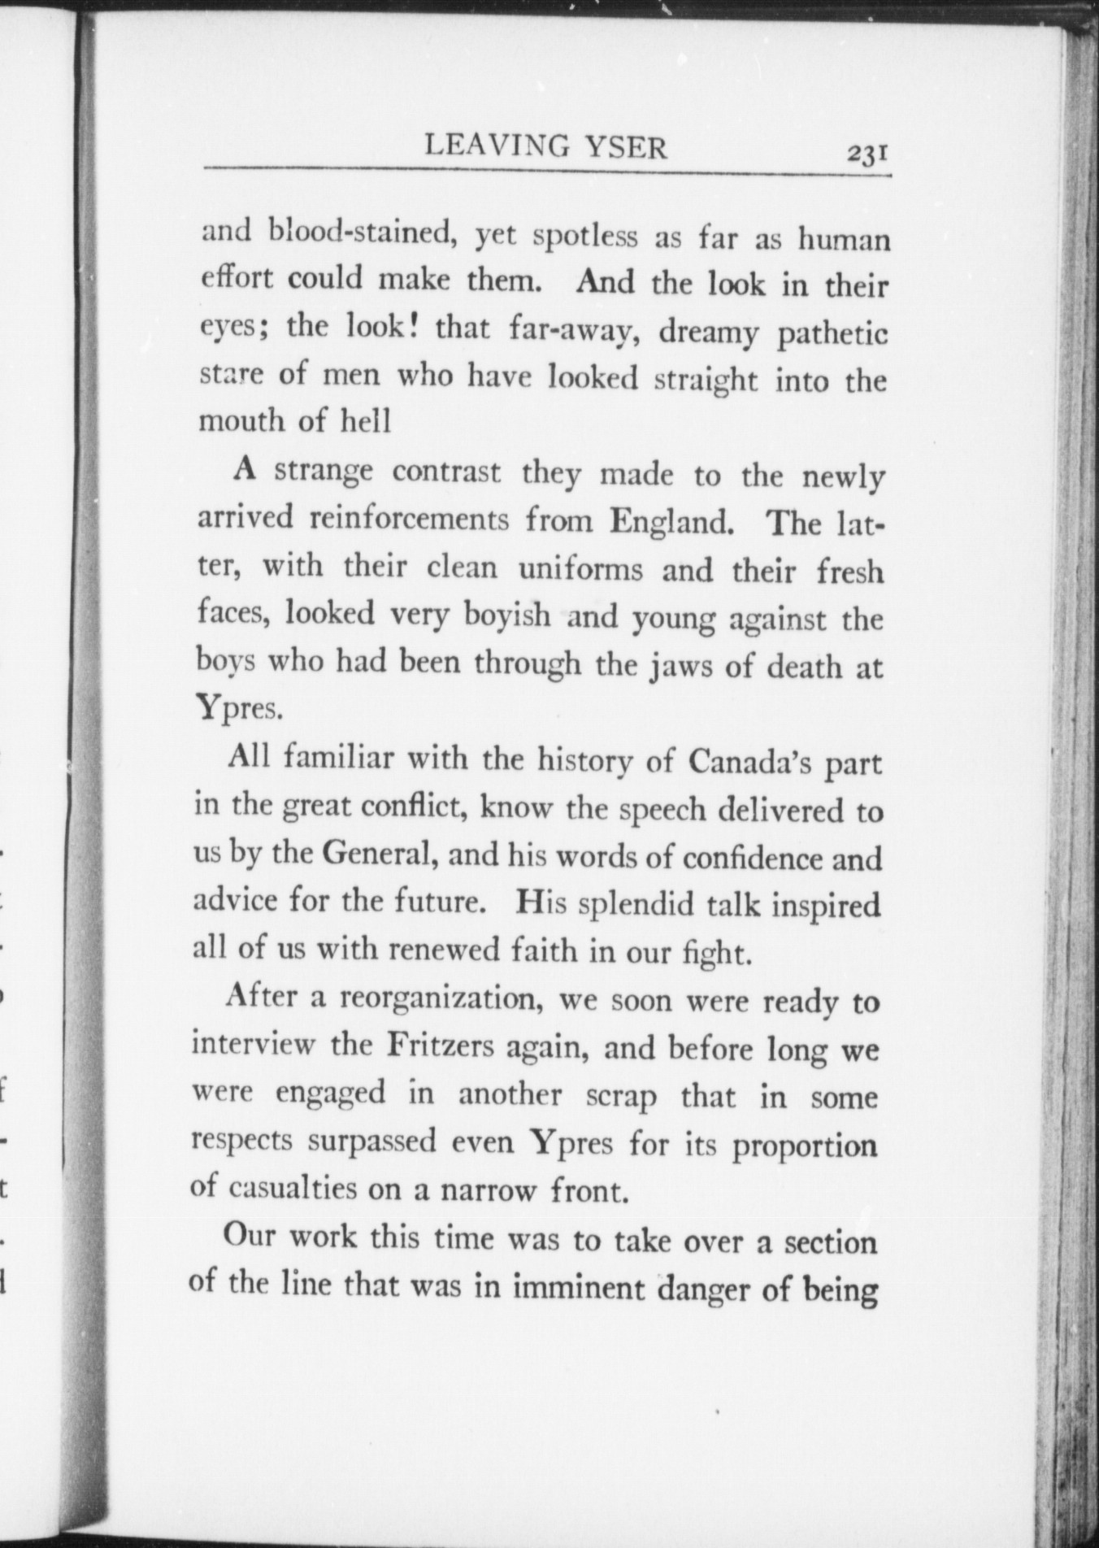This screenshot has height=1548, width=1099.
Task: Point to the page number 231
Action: [867, 153]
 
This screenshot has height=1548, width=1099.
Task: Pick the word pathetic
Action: [832, 334]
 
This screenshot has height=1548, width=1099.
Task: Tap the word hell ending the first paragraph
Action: [368, 421]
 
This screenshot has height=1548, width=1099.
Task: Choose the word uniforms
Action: [580, 568]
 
